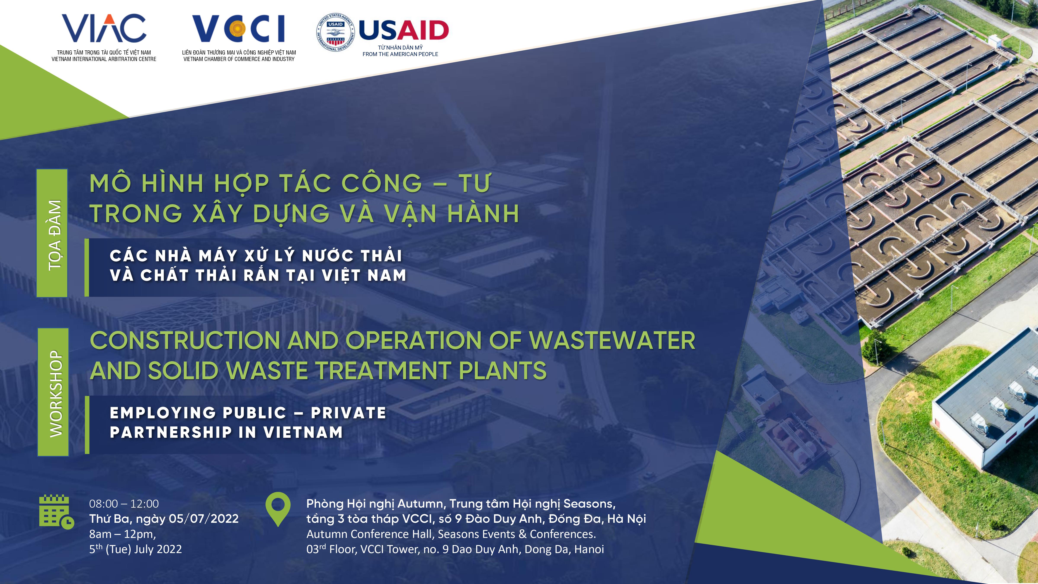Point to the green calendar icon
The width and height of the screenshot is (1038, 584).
(56, 512)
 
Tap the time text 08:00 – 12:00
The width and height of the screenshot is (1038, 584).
(124, 504)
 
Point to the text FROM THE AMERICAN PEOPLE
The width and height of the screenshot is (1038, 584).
(400, 54)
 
